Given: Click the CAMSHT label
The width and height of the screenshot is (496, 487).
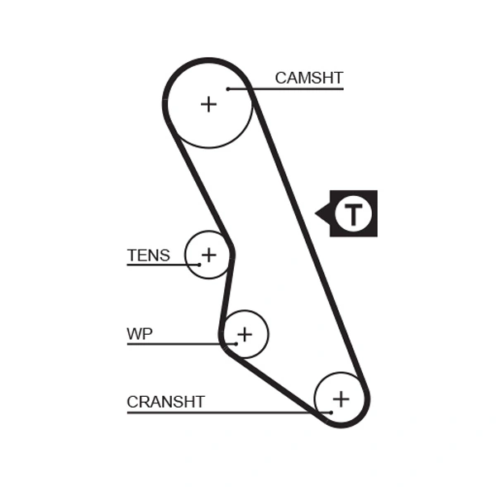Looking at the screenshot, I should pyautogui.click(x=308, y=79).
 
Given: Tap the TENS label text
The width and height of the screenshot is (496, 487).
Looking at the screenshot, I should pyautogui.click(x=148, y=255).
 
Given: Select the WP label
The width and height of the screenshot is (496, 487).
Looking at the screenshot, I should pyautogui.click(x=139, y=334).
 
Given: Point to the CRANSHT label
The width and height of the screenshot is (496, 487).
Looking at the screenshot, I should pyautogui.click(x=165, y=402).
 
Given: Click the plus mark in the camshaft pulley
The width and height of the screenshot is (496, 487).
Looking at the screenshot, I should pyautogui.click(x=208, y=103).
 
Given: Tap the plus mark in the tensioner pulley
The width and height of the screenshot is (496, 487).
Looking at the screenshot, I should pyautogui.click(x=208, y=254).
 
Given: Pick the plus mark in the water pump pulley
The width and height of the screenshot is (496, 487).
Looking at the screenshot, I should pyautogui.click(x=244, y=334).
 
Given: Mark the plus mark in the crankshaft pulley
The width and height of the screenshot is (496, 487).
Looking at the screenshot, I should pyautogui.click(x=341, y=399).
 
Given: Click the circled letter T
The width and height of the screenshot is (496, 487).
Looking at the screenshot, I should pyautogui.click(x=354, y=213).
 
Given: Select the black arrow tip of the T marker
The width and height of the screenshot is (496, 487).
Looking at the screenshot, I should pyautogui.click(x=317, y=213).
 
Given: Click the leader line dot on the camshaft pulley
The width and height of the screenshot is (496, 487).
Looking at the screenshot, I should pyautogui.click(x=227, y=88).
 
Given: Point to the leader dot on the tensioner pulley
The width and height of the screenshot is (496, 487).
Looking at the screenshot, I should pyautogui.click(x=198, y=265).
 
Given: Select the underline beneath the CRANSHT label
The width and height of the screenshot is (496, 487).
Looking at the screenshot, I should pyautogui.click(x=223, y=412).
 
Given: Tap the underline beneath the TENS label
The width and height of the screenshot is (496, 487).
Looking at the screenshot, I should pyautogui.click(x=161, y=265).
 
